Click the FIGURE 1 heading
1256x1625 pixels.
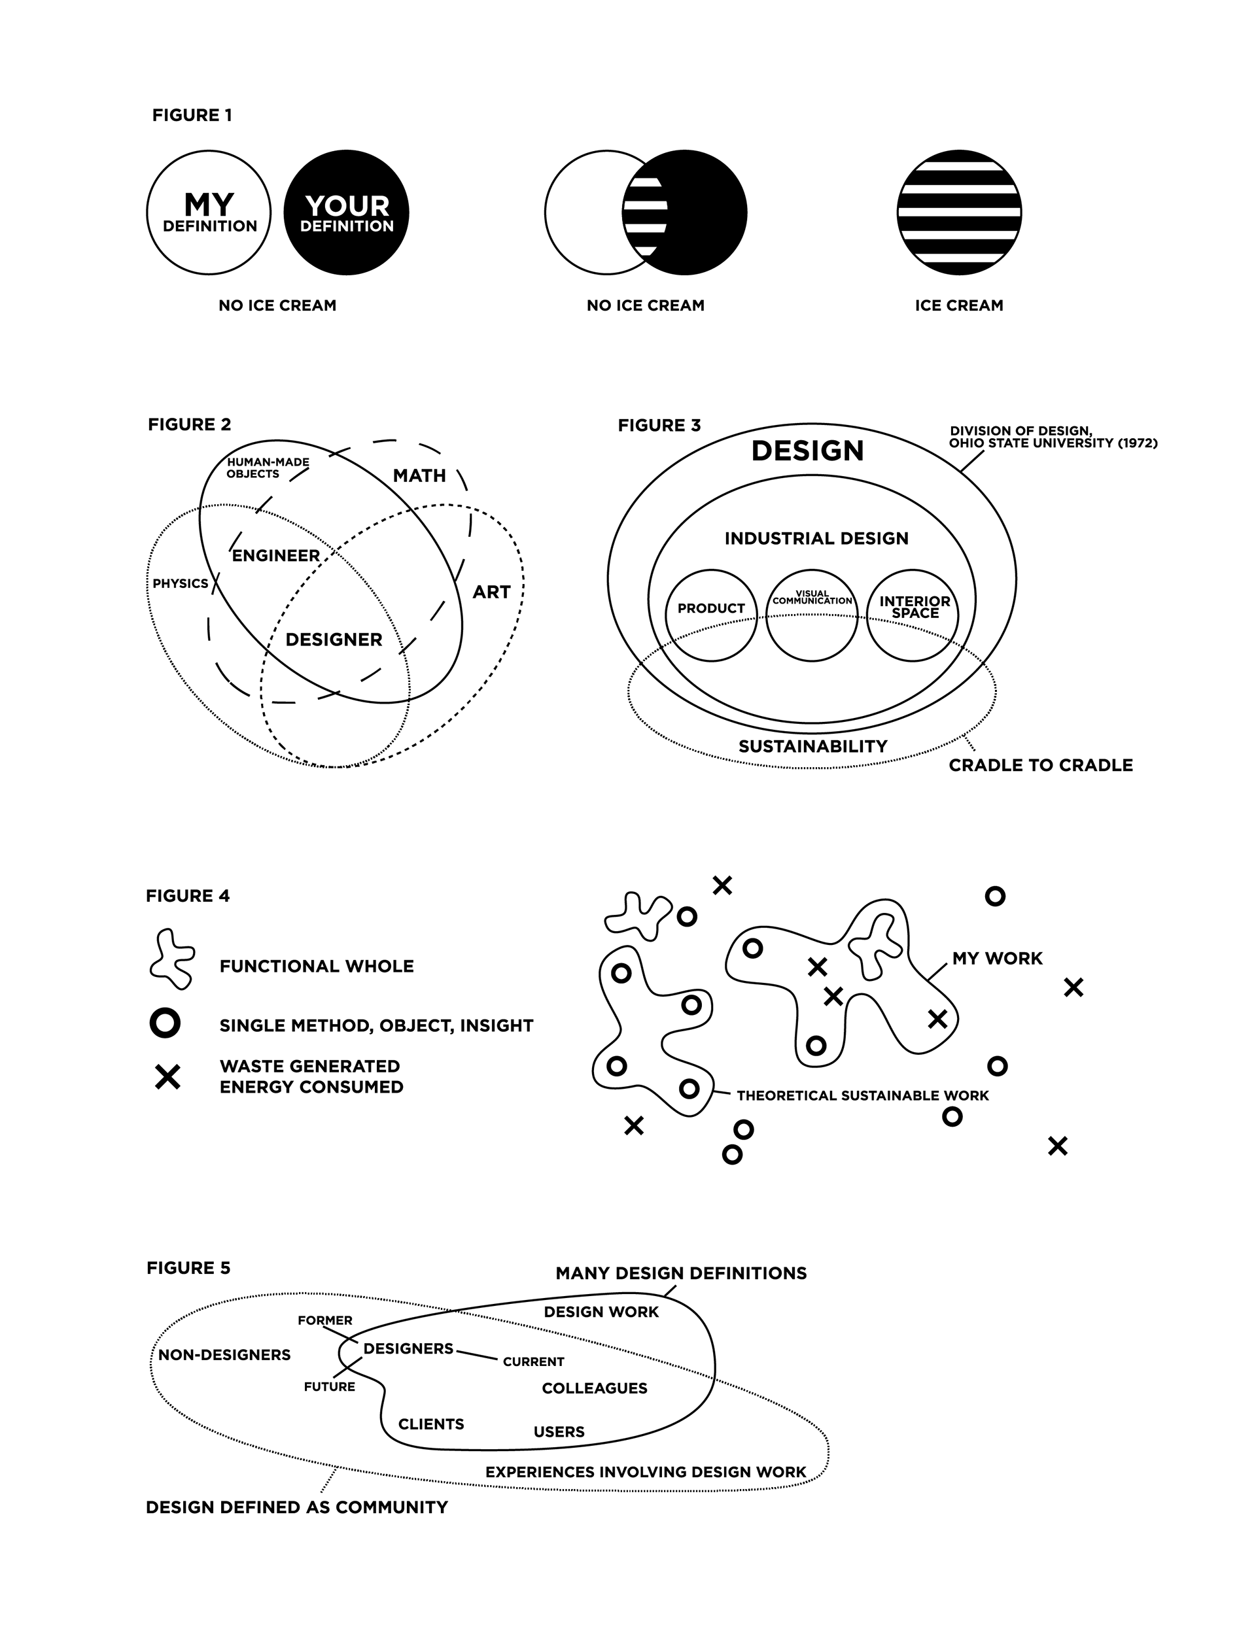coord(192,115)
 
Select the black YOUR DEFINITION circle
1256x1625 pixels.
coord(346,213)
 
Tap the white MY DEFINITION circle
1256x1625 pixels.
coord(209,213)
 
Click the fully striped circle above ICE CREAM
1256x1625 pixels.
coord(959,213)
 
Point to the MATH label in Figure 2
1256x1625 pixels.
coord(419,475)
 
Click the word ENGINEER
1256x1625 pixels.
coord(275,556)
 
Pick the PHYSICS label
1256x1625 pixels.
coord(180,583)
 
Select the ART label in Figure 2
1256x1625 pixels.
coord(491,592)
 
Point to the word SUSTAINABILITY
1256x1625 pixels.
coord(813,746)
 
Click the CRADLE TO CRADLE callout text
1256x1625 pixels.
coord(1041,766)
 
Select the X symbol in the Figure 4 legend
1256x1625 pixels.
coord(167,1076)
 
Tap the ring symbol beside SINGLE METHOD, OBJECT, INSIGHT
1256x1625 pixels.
coord(166,1023)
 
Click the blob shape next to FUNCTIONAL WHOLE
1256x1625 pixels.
coord(173,959)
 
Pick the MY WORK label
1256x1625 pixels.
coord(997,959)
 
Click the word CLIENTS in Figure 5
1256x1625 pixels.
coord(431,1424)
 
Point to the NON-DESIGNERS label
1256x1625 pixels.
coord(224,1355)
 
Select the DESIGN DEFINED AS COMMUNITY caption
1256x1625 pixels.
coord(297,1507)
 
